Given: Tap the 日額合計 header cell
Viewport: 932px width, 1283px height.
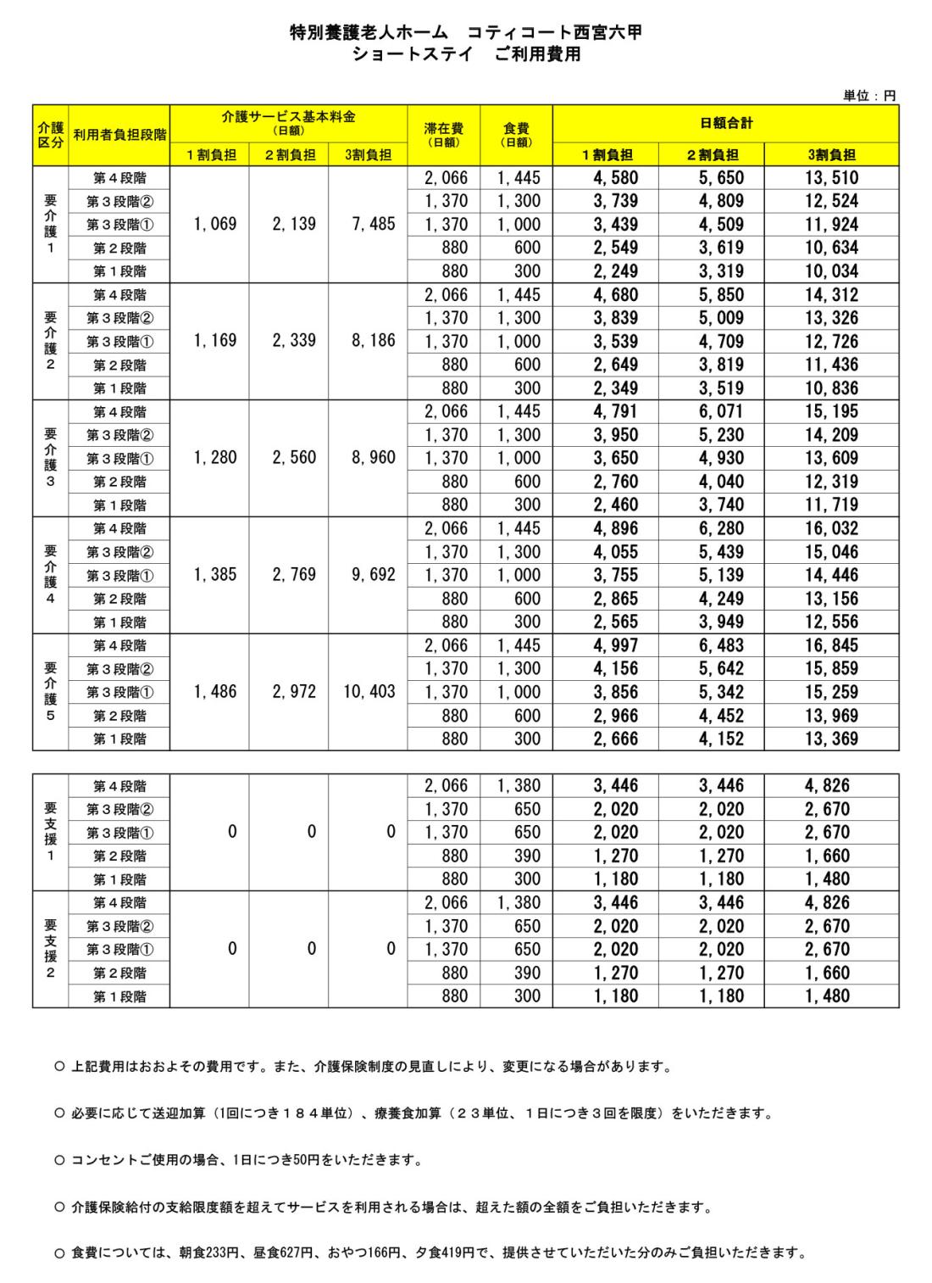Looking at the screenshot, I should coord(725,123).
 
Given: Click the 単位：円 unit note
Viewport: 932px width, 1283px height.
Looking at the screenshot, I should coord(868,97).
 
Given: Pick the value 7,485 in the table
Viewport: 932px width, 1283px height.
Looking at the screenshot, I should coord(372,225).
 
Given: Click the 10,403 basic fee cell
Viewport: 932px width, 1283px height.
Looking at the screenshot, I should coord(369,692).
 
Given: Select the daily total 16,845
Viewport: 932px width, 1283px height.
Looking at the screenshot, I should coord(831,645).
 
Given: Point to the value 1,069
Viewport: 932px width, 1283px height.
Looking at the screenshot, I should coord(214,225).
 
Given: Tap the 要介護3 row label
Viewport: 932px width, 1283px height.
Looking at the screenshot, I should coord(50,458).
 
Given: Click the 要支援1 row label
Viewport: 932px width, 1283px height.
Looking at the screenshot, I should coord(50,832).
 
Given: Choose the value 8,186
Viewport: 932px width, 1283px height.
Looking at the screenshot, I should coord(372,341).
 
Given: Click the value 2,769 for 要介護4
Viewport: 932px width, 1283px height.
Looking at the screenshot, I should coord(294,575).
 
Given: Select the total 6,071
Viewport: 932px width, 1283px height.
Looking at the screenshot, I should coord(719,412).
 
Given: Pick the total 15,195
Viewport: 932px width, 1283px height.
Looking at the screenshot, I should coord(831,412).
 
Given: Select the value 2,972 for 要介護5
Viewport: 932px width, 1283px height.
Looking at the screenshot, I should coord(294,692).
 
